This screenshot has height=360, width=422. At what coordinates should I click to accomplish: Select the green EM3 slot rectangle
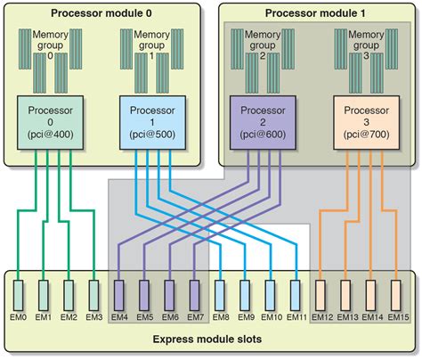point(95,295)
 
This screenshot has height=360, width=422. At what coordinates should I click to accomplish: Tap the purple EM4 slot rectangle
point(121,295)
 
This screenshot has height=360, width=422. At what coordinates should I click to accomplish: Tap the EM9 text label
point(247,318)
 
